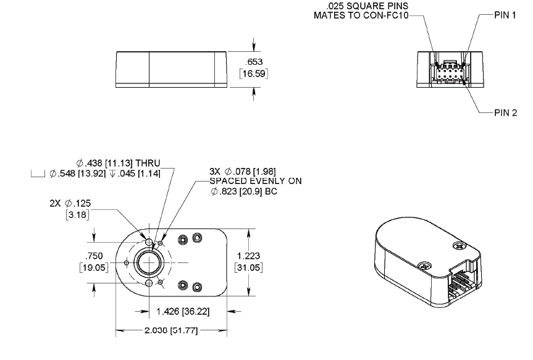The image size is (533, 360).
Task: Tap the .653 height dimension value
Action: [x=254, y=62]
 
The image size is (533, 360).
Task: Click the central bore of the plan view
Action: [x=149, y=262]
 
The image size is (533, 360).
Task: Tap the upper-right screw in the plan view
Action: [x=197, y=238]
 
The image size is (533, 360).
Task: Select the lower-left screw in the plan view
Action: [x=183, y=285]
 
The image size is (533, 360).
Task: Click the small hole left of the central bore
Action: [x=127, y=262]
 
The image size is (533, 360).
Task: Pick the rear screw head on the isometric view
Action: [x=459, y=245]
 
